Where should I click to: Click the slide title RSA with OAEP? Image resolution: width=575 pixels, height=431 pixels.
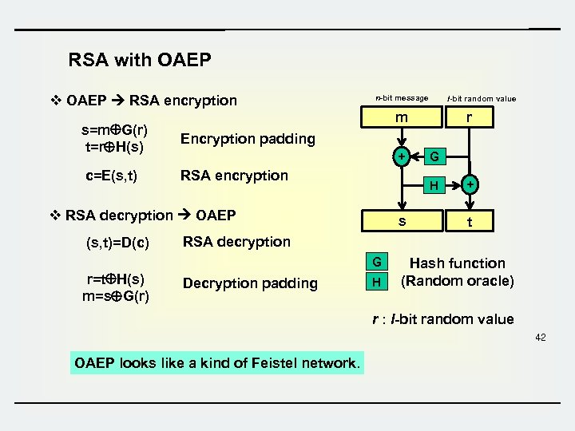(x=140, y=60)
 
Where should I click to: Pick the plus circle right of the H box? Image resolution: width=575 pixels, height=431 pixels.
(x=470, y=185)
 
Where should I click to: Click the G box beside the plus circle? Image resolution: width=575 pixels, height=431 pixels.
(x=433, y=156)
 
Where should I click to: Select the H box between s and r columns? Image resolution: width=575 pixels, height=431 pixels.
(x=433, y=185)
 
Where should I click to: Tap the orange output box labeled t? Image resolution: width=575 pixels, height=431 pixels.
(x=469, y=222)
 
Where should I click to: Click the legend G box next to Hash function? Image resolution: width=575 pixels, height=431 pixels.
(x=377, y=262)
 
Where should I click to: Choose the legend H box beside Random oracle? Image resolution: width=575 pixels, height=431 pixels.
(x=377, y=281)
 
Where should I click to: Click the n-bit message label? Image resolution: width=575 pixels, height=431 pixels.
(x=402, y=98)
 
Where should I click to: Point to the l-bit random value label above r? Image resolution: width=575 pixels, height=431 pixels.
(x=482, y=99)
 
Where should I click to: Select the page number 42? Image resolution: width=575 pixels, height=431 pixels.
(x=541, y=338)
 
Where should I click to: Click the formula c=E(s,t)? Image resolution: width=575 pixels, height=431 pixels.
(x=111, y=176)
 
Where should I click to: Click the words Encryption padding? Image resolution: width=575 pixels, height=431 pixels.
(x=248, y=139)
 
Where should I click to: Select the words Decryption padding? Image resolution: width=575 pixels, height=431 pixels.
(x=249, y=283)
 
